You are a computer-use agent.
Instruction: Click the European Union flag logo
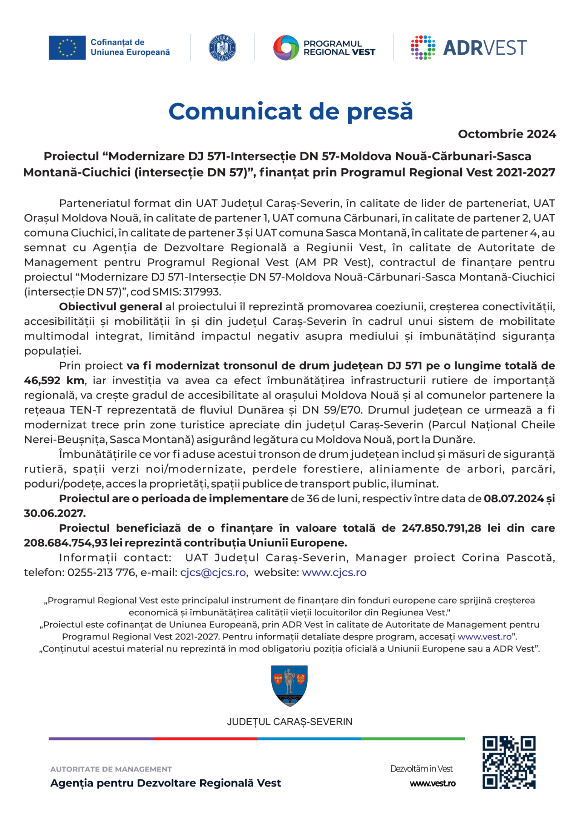[x=67, y=48]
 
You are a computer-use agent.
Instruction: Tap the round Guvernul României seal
[x=222, y=48]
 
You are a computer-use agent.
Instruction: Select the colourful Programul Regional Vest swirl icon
[x=286, y=48]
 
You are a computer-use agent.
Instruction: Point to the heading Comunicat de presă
[x=291, y=112]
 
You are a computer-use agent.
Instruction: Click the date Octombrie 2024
[x=507, y=134]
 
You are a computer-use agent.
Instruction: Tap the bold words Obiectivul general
[x=110, y=307]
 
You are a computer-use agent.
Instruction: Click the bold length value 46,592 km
[x=54, y=380]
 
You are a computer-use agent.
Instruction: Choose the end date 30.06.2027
[x=55, y=513]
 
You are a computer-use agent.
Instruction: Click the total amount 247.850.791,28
[x=441, y=528]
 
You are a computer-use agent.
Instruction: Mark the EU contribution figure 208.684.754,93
[x=65, y=543]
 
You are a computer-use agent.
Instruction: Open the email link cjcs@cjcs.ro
[x=213, y=572]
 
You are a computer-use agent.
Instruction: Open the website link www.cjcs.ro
[x=334, y=572]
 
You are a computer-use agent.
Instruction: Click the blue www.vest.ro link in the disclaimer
[x=484, y=636]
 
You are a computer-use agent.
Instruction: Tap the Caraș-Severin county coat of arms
[x=289, y=686]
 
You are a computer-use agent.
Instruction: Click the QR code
[x=509, y=762]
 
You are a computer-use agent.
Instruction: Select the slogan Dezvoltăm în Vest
[x=421, y=769]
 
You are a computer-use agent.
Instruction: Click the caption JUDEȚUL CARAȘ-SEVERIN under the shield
[x=289, y=722]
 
